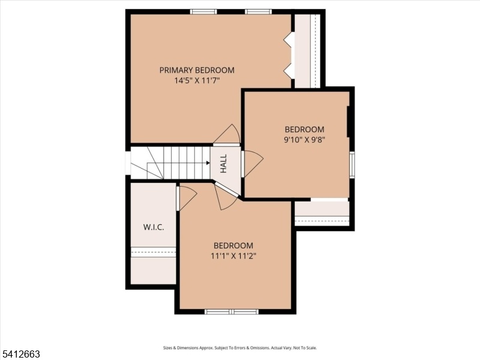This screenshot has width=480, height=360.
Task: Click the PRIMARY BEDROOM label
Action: point(197,70)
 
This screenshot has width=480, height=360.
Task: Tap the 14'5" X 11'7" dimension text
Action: point(197,81)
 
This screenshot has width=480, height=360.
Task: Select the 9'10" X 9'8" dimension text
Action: point(304,140)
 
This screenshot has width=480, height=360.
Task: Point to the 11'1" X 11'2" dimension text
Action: point(233,256)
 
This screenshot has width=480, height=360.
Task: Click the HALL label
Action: point(224,163)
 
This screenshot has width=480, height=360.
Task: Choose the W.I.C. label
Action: point(154,227)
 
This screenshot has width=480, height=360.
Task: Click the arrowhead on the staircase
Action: point(208,163)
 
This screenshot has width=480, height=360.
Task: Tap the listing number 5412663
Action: point(20,354)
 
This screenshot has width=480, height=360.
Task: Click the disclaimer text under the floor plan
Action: point(239,348)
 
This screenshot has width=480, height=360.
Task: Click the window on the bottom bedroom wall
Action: point(232,311)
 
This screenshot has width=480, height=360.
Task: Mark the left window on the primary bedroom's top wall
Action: point(203,12)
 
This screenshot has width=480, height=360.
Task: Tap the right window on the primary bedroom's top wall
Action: point(258,12)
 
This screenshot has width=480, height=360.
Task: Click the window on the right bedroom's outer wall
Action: point(352,164)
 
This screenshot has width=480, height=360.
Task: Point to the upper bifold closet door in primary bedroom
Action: point(289,40)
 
